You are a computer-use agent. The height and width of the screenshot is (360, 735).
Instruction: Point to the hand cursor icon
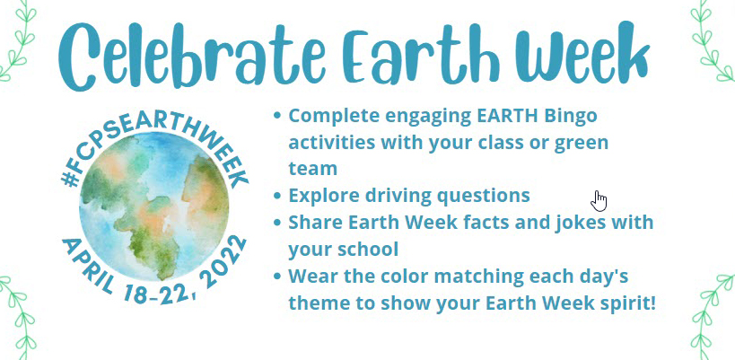pos(599,200)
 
